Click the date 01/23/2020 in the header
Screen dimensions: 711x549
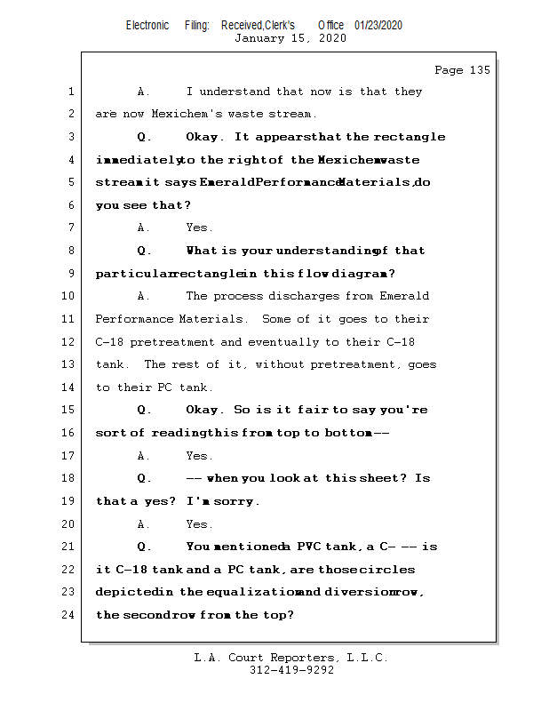(x=378, y=25)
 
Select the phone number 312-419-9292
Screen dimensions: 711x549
(x=291, y=670)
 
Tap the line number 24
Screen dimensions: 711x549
(x=71, y=614)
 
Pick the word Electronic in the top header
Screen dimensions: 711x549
(x=147, y=25)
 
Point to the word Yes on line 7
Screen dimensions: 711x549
(x=199, y=228)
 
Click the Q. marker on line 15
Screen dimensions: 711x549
(x=144, y=410)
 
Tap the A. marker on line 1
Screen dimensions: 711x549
(x=144, y=92)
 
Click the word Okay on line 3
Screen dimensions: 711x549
(x=205, y=137)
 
